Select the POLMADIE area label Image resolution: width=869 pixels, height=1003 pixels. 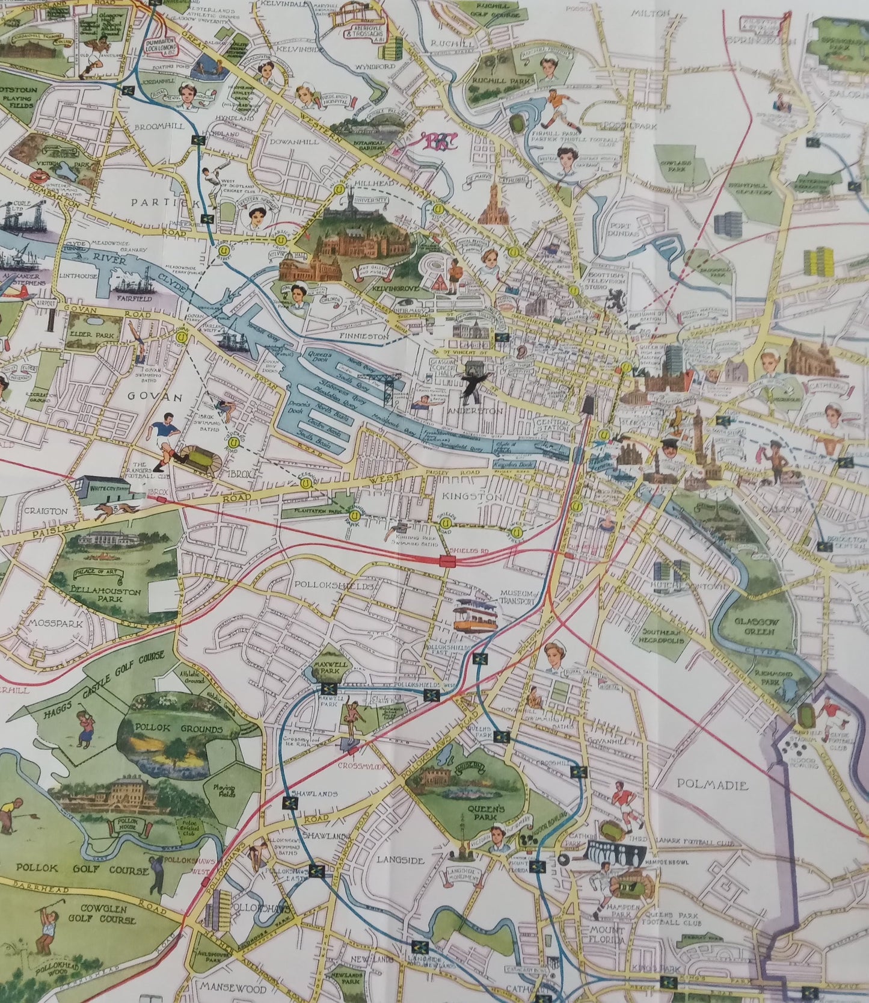click(712, 785)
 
